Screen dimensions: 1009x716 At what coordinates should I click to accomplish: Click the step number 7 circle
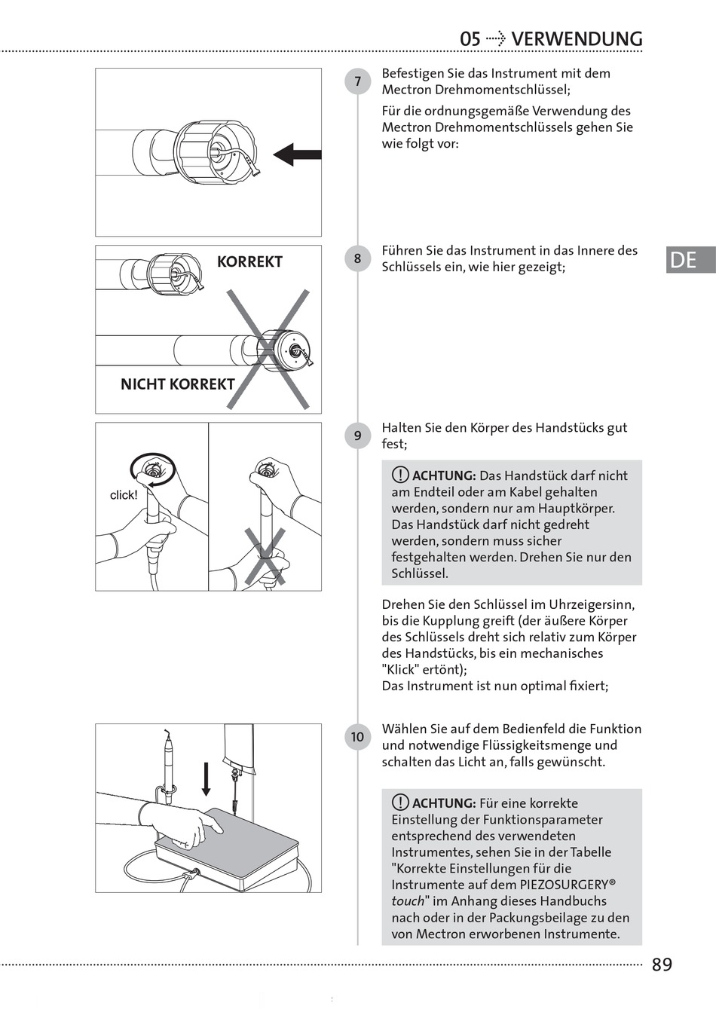point(357,81)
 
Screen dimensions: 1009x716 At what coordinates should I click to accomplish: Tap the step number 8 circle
point(357,258)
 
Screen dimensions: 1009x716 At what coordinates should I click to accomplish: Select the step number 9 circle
point(357,436)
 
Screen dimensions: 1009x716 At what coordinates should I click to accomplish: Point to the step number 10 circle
point(357,737)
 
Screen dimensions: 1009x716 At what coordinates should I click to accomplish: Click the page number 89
point(662,965)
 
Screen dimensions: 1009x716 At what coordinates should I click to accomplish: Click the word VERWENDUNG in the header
point(577,39)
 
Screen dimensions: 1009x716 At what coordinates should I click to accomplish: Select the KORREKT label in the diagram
point(249,262)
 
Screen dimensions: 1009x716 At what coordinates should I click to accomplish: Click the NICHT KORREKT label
point(177,384)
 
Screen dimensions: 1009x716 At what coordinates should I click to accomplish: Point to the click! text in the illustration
point(124,495)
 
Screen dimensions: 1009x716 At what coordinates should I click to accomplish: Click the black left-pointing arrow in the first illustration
point(297,155)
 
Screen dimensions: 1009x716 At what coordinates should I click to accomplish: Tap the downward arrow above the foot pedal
point(206,778)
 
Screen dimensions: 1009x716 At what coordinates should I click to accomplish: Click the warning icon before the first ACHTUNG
point(400,475)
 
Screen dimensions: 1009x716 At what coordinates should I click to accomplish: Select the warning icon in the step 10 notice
point(400,803)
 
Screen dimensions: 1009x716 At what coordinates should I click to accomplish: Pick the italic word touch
point(408,901)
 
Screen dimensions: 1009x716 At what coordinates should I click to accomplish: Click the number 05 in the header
point(470,39)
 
